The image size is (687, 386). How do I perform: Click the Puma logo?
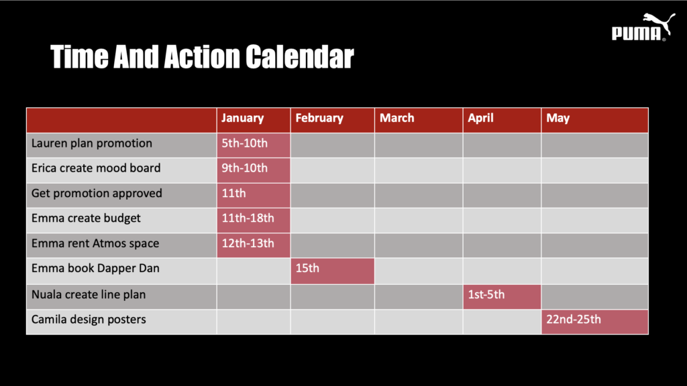click(643, 27)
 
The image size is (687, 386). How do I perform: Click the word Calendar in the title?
click(299, 57)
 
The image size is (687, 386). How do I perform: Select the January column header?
click(254, 120)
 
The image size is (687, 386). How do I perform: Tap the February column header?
click(333, 120)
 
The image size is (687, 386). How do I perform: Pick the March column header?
click(419, 120)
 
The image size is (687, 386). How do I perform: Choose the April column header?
click(502, 120)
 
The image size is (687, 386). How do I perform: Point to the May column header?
click(595, 120)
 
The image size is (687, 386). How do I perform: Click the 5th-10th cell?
click(254, 145)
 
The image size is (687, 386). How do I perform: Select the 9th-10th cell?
click(254, 170)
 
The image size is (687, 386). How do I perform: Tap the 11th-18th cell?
click(254, 220)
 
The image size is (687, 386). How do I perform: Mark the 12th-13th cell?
click(254, 245)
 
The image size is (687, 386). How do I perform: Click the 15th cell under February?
click(333, 271)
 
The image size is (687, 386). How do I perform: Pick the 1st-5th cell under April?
click(502, 297)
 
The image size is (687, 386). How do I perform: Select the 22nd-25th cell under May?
click(595, 322)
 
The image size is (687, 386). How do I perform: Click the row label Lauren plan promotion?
click(91, 143)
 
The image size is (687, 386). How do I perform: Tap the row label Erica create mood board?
click(96, 168)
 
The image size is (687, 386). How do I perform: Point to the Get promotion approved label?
click(97, 194)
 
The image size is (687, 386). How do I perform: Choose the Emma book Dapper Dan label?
click(95, 268)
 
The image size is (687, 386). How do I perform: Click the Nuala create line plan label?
click(88, 295)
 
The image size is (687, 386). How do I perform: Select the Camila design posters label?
click(89, 320)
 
